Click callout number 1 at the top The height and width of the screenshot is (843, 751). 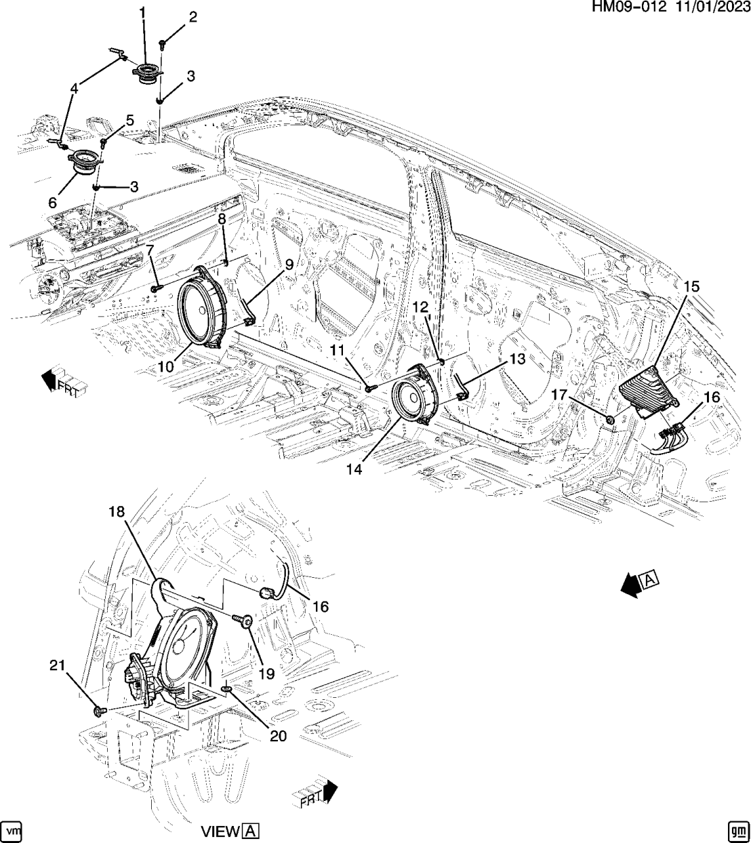coord(142,12)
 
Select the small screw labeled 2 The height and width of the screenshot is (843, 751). coord(163,45)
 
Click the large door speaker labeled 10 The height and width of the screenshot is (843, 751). coord(201,309)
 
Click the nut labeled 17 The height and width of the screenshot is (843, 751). coord(611,420)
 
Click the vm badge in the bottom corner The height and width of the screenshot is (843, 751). coord(13,830)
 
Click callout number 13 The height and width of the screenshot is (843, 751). coord(517,359)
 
